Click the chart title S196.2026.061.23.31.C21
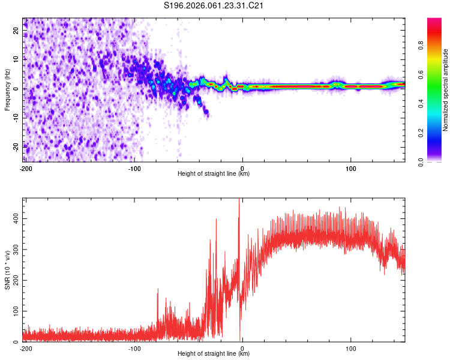click(214, 6)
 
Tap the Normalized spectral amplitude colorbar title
click(445, 90)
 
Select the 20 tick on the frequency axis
click(16, 29)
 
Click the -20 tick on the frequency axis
click(15, 146)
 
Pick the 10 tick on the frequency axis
click(16, 59)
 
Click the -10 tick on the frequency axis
click(15, 117)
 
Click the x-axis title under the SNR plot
click(214, 354)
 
